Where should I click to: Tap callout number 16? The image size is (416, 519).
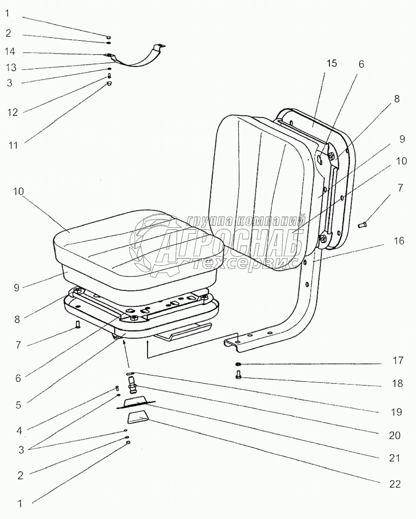399,241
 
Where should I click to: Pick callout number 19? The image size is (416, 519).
396,411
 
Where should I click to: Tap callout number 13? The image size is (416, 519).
11,67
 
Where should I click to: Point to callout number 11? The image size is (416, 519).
13,145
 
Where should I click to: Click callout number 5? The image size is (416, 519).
18,405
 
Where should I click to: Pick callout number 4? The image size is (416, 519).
20,430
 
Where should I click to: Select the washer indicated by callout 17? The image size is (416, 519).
238,364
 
